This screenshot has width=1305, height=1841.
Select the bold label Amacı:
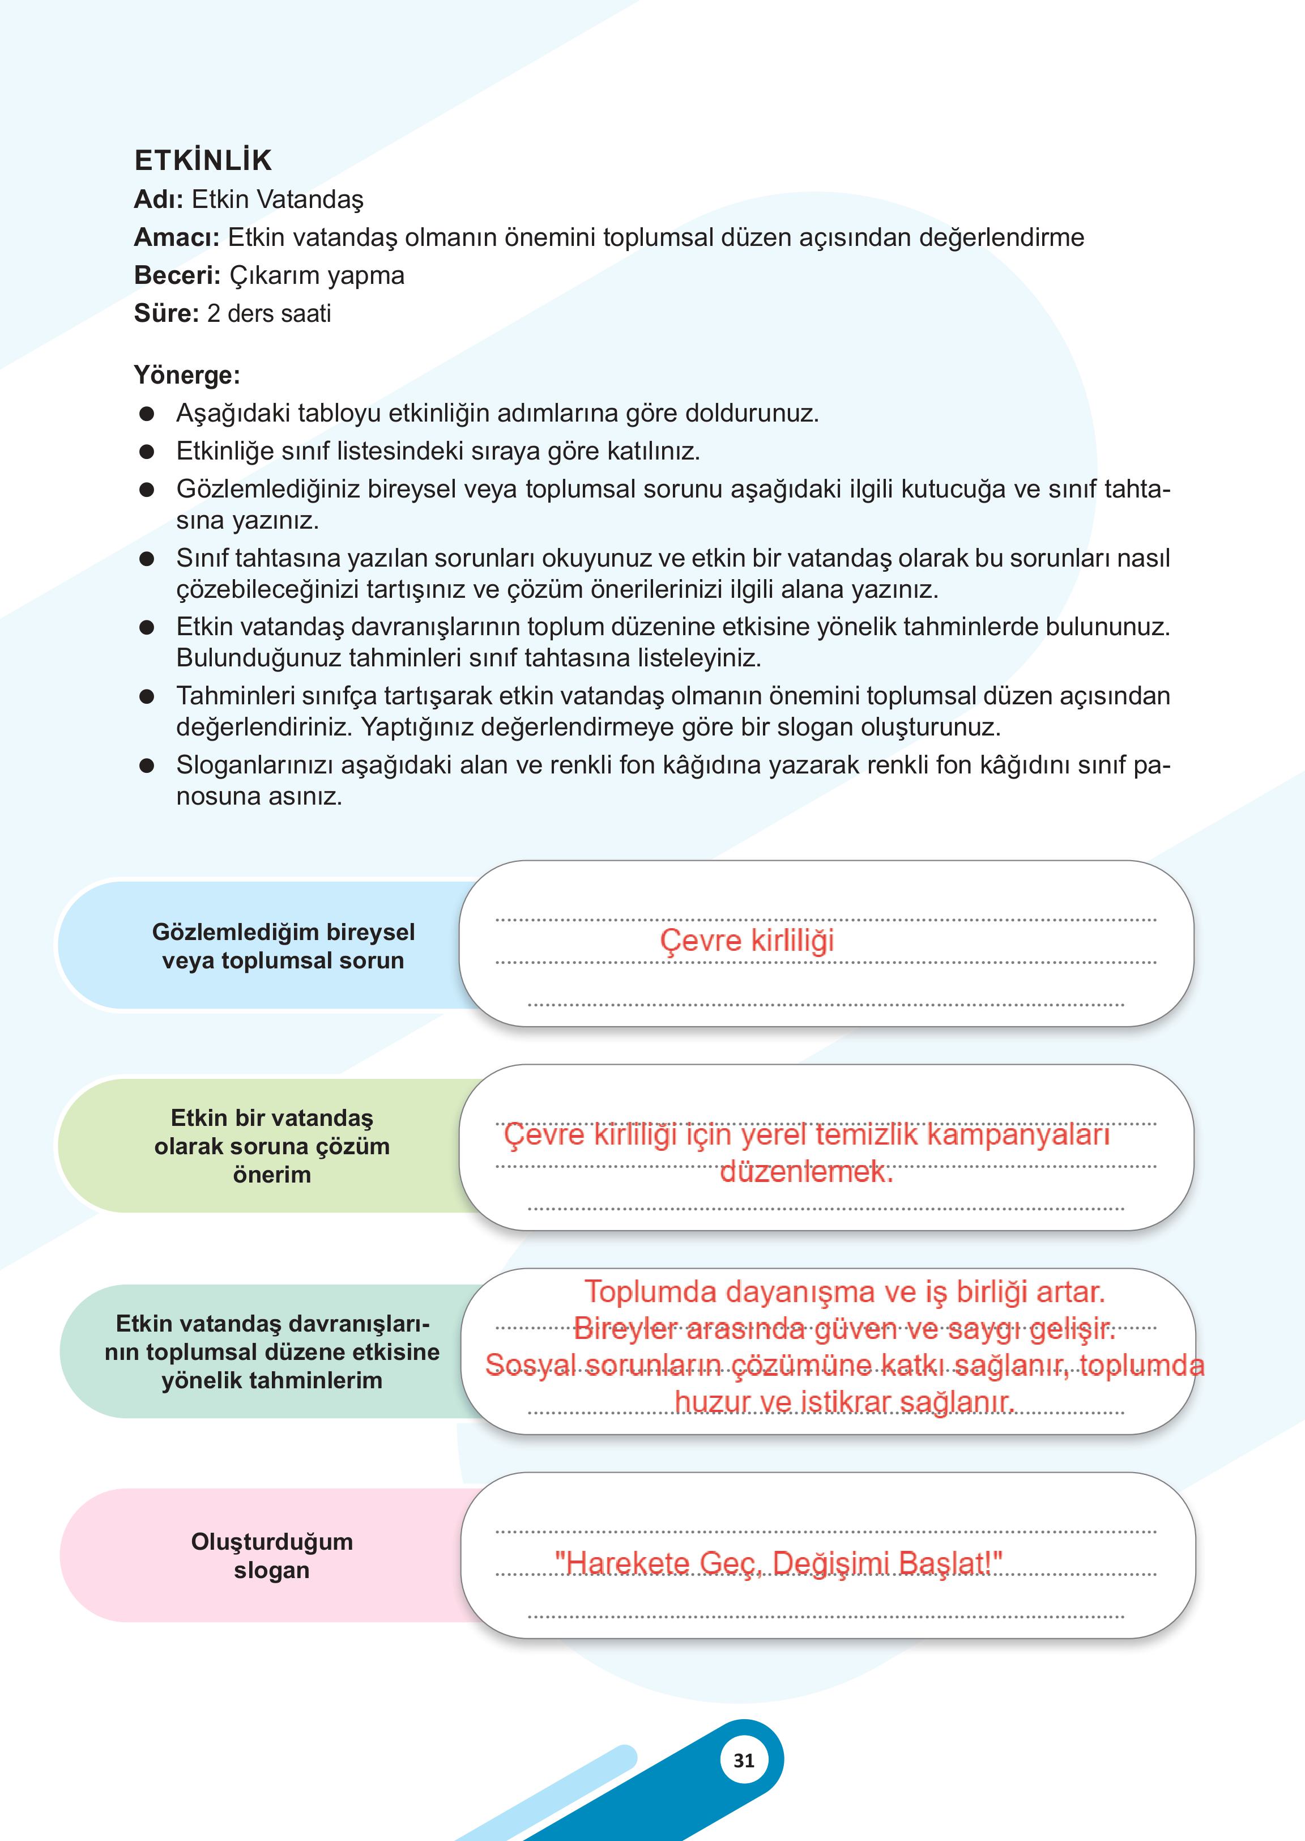tap(176, 237)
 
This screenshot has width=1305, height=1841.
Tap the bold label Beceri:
tap(177, 275)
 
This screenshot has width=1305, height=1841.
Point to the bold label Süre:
tap(165, 313)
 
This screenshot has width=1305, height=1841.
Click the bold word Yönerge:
tap(186, 375)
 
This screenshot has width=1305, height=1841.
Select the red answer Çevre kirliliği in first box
tap(747, 940)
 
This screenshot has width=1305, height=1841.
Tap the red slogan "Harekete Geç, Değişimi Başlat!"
tap(778, 1563)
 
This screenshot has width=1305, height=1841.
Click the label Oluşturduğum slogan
tap(272, 1555)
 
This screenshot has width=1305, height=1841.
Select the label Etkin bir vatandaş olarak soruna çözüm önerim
tap(272, 1146)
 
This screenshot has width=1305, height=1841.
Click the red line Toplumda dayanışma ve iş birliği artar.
tap(845, 1291)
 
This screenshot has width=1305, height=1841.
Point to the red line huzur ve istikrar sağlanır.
tap(845, 1401)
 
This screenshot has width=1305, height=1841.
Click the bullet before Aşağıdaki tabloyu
tap(146, 413)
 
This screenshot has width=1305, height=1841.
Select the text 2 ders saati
tap(268, 313)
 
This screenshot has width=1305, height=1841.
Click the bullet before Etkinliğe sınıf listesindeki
tap(146, 451)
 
